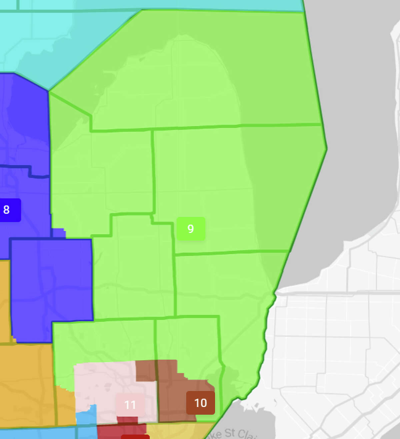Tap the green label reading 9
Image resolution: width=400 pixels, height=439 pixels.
190,229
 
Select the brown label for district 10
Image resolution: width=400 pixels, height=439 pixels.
200,403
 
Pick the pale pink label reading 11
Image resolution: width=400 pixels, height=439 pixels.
130,405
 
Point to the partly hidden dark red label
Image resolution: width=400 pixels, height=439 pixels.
135,436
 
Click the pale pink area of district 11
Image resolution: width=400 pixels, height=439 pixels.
100,383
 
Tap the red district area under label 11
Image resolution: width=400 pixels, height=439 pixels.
122,430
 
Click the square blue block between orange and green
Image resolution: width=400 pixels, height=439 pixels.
52,290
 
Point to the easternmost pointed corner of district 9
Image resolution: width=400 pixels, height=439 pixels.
326,148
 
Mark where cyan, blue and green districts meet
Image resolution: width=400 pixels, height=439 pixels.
49,91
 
